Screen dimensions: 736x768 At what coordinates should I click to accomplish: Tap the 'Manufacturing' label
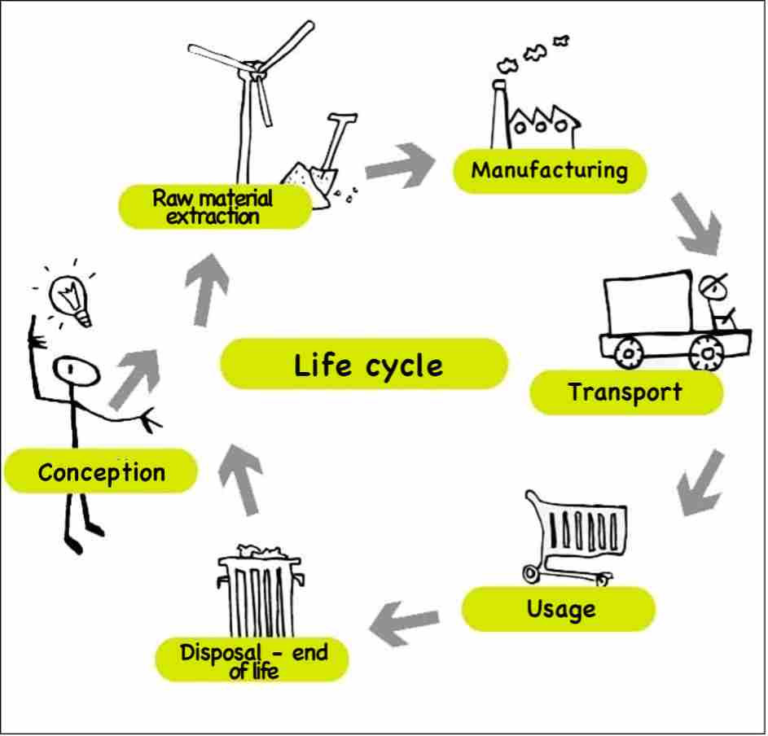[x=550, y=171]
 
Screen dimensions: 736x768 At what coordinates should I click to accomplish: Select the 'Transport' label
[x=625, y=392]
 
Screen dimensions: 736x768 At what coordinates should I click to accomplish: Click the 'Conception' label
[x=101, y=472]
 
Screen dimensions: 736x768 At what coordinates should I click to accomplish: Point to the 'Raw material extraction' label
[x=213, y=207]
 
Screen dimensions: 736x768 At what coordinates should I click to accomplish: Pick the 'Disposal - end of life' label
[x=253, y=660]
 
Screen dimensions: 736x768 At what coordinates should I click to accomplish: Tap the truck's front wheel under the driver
[x=705, y=353]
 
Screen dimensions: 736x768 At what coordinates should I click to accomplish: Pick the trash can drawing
[x=260, y=594]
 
